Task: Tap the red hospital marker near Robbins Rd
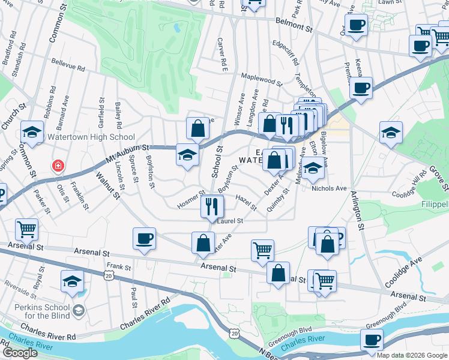click(58, 165)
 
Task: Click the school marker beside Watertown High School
click(32, 133)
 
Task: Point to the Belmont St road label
click(294, 24)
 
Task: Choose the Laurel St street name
click(231, 221)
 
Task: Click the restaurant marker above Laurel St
click(211, 207)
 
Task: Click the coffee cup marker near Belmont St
click(356, 26)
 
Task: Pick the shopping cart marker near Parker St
click(26, 229)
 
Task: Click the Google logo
click(20, 353)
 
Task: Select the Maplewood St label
click(261, 79)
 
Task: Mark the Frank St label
click(119, 266)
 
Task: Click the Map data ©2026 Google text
click(412, 355)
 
